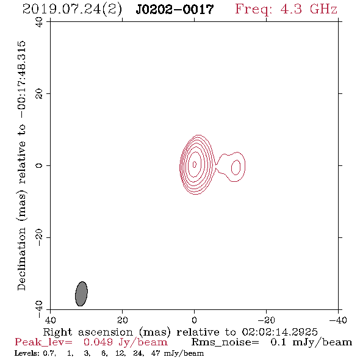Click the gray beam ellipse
(81, 293)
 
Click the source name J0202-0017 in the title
(175, 10)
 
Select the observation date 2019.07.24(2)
(73, 10)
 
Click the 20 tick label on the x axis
(123, 320)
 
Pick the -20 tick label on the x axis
(266, 320)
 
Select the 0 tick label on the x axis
(195, 320)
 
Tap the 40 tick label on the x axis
(50, 320)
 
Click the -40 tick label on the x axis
(338, 320)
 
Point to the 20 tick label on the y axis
(39, 94)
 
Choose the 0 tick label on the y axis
(39, 165)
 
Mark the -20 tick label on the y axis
(39, 237)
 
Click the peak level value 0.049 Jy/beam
(125, 342)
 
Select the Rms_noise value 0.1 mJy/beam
(311, 342)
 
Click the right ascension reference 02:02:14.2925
(279, 332)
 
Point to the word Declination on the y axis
(21, 259)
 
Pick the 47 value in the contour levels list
(156, 353)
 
